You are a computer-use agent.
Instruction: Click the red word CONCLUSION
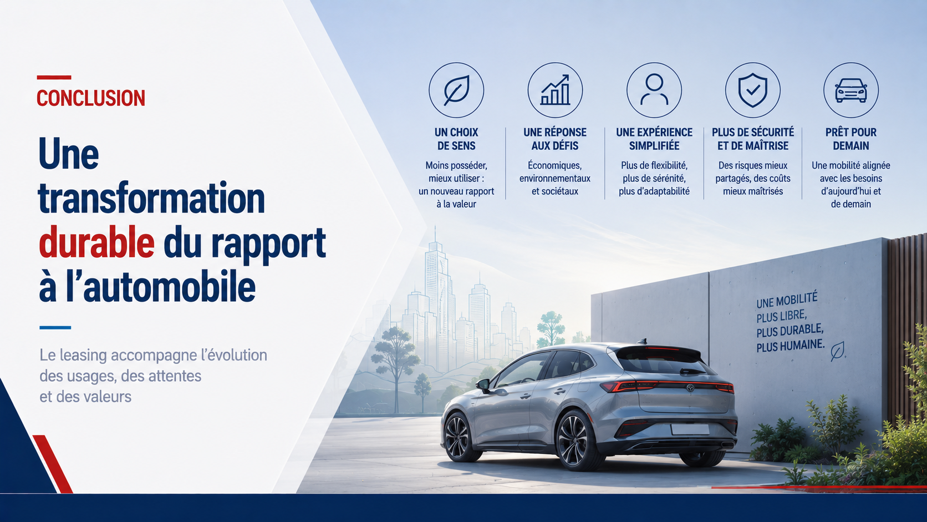coord(91,98)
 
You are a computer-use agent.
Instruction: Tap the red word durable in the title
coord(97,242)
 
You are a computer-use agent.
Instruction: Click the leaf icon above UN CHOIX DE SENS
coord(456,90)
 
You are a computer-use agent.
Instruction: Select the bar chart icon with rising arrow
coord(555,90)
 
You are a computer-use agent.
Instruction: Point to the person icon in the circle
coord(654,89)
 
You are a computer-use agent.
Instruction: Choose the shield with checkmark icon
coord(753,90)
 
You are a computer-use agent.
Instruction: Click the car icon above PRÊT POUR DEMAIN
coord(851,90)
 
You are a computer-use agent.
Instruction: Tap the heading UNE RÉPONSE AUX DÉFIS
coord(555,139)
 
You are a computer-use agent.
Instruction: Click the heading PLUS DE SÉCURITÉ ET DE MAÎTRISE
coord(753,139)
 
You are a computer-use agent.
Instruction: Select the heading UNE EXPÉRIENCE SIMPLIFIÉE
coord(654,139)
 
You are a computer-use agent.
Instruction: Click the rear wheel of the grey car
coord(576,440)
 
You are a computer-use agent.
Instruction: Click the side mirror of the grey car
coord(483,385)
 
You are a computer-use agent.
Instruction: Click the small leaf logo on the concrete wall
coord(837,351)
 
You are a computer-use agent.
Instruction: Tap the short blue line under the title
coord(55,327)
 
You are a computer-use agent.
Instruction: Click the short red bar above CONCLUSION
coord(54,78)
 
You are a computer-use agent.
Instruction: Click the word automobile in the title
coord(169,287)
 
